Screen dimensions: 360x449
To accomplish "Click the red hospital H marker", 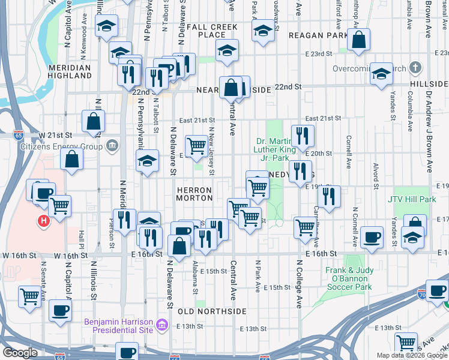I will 43,221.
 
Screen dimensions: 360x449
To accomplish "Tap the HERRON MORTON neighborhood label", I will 194,193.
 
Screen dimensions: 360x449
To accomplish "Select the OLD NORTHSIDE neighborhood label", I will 212,311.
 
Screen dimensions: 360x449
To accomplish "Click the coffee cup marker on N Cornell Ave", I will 372,236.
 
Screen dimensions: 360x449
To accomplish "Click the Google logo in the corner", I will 20,353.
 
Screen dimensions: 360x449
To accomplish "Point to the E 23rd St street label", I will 318,54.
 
